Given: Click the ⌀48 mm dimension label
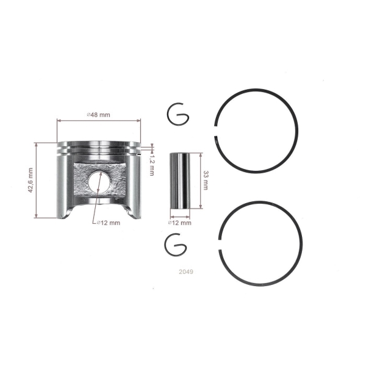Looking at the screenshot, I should [98, 115].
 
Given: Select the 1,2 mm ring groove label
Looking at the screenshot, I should [152, 165].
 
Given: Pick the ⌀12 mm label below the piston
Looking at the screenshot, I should [109, 223].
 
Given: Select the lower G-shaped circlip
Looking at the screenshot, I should [178, 245].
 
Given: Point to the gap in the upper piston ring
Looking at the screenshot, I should [218, 135].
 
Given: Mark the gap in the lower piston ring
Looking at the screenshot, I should [220, 242].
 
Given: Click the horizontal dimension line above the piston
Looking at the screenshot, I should [98, 121].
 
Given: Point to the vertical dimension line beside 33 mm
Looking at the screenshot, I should [199, 181].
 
